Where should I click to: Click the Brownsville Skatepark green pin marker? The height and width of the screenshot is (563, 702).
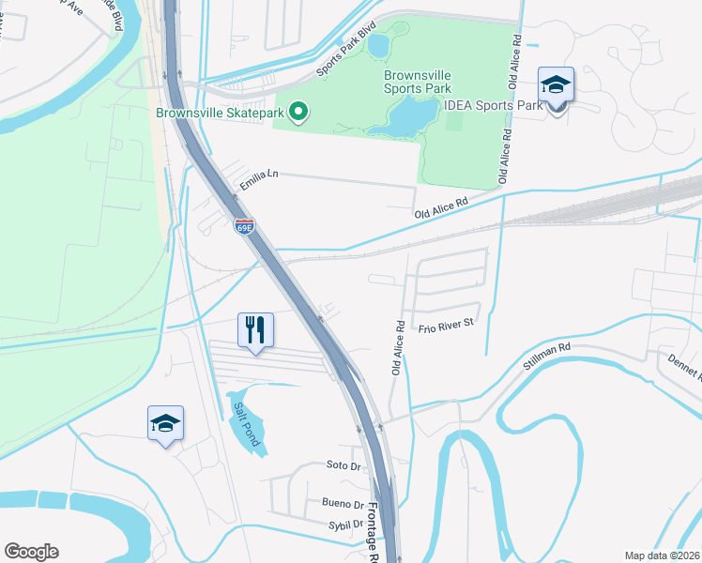[x=299, y=113]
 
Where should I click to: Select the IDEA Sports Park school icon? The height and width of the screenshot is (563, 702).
[x=556, y=86]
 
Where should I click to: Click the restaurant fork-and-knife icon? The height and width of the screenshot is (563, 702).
[x=255, y=330]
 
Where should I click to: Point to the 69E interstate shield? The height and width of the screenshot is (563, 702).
[x=244, y=225]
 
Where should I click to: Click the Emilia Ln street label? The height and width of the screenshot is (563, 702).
[x=260, y=179]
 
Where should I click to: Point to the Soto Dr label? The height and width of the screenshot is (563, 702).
[x=343, y=465]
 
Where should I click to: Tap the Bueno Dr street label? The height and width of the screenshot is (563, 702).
[x=342, y=503]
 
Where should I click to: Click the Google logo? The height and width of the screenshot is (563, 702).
[x=31, y=552]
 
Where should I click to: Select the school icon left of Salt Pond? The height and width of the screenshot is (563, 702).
[x=165, y=424]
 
